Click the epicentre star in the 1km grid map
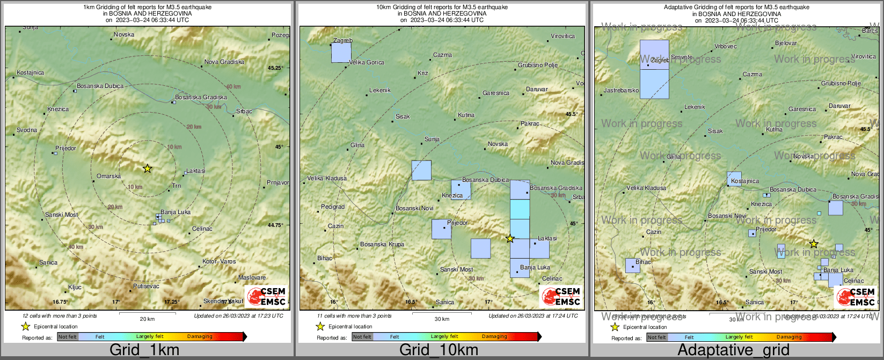coord(148,168)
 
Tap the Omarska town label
coord(108,177)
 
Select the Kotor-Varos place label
coord(219,262)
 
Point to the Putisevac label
coord(146,286)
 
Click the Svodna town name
coord(27,130)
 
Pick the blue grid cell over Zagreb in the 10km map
coord(341,53)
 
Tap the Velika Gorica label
coord(367,63)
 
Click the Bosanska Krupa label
coord(382,245)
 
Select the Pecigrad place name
coord(333,207)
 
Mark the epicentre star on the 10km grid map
coord(510,238)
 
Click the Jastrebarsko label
coord(622,91)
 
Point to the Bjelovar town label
coord(786,43)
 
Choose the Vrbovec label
coord(726,47)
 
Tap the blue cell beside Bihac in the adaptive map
coord(632,266)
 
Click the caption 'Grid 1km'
coord(144,350)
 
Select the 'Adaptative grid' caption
coord(733,350)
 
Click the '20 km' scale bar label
coord(147,319)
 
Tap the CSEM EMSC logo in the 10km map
coord(561,297)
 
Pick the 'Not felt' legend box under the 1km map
coord(68,337)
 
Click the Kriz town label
coord(423,73)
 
